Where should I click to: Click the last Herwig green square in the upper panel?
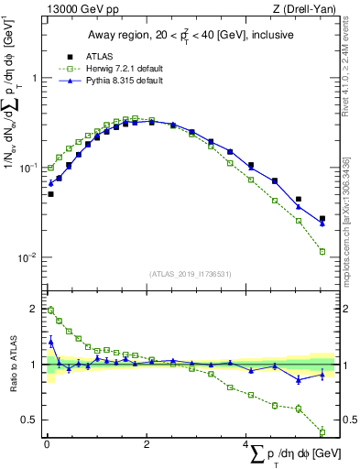point(322,251)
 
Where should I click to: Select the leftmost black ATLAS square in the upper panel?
point(51,194)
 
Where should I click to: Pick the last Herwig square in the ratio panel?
point(322,432)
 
